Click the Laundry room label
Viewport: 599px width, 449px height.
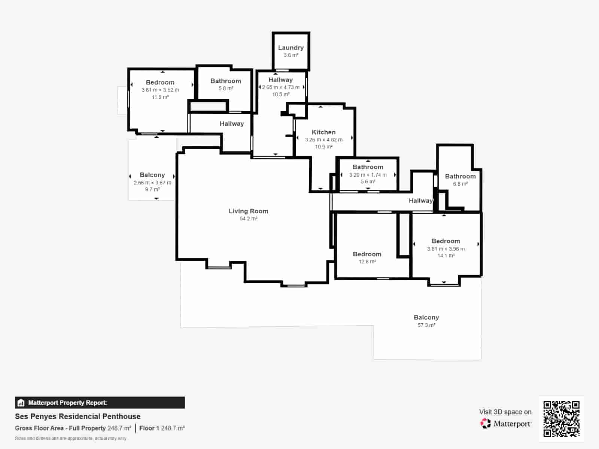click(291, 48)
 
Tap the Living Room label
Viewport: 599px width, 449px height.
click(248, 211)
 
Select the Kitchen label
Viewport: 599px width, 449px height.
click(323, 132)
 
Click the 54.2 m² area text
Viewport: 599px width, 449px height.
click(248, 219)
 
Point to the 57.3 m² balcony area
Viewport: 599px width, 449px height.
click(426, 325)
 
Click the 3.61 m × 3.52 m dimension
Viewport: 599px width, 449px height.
click(160, 90)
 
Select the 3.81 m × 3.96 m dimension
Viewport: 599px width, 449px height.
click(446, 249)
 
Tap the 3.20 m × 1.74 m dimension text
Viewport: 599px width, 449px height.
click(368, 175)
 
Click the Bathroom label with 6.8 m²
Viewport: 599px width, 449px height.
click(460, 176)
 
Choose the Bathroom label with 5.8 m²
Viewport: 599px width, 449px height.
click(225, 81)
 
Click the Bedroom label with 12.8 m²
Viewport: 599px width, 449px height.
click(367, 254)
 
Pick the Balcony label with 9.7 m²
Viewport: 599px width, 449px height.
click(152, 175)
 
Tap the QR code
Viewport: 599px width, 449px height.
click(561, 419)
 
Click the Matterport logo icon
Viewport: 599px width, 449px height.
click(486, 424)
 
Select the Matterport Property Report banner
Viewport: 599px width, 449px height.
click(100, 403)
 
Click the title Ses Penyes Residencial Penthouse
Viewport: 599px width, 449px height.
click(77, 416)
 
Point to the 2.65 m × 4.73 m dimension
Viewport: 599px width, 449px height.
click(280, 87)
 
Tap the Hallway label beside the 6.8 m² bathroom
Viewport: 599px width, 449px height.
click(420, 201)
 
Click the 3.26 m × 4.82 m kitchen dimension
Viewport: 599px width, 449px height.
click(323, 140)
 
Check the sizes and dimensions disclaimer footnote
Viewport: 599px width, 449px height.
click(70, 439)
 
